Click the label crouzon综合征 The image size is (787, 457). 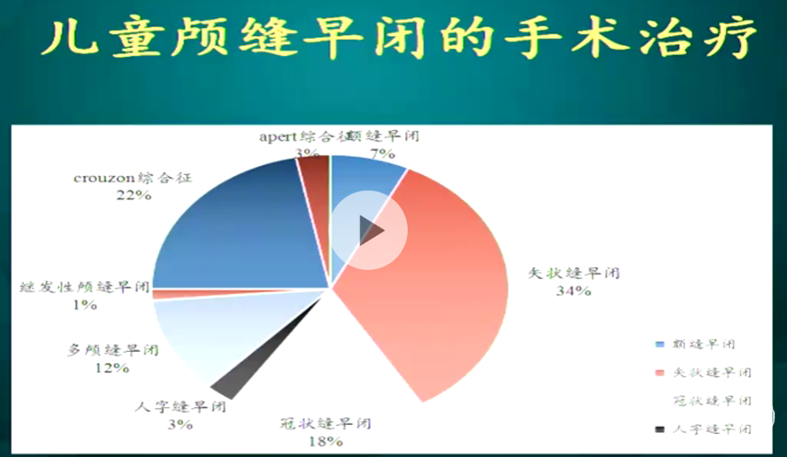click(x=133, y=178)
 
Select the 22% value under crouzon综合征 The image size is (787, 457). click(x=133, y=195)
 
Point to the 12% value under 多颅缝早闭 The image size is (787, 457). click(x=111, y=368)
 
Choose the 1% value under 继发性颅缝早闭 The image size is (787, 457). click(x=86, y=304)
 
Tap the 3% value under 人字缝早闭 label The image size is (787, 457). click(x=179, y=424)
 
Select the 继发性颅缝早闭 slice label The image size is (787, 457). click(x=85, y=287)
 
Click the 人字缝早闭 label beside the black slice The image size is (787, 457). click(x=180, y=406)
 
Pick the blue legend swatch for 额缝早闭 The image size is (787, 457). click(x=658, y=344)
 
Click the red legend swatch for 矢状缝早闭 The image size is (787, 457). click(x=658, y=372)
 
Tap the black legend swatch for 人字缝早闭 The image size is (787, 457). click(x=658, y=428)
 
